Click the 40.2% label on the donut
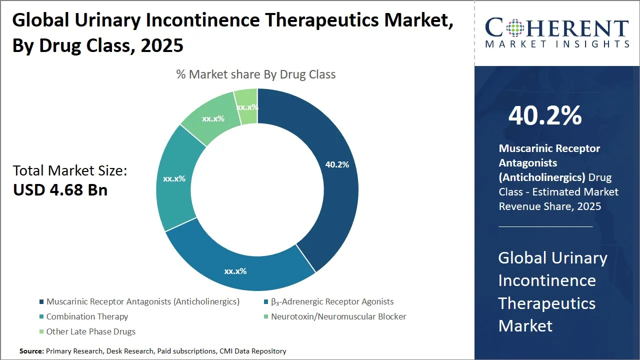[x=337, y=164]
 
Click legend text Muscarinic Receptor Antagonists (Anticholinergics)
[x=143, y=301]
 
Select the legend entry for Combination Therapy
[x=87, y=316]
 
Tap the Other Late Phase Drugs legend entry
[x=90, y=331]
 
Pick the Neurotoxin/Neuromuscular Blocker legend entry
[x=338, y=316]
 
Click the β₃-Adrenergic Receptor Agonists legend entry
[x=332, y=301]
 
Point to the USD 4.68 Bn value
[x=60, y=190]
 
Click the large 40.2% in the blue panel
[x=545, y=116]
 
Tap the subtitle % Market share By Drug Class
[x=255, y=74]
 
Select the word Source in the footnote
[x=31, y=351]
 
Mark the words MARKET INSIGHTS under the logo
[x=556, y=44]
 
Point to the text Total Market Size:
[x=70, y=171]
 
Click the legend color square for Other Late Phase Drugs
[x=40, y=331]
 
